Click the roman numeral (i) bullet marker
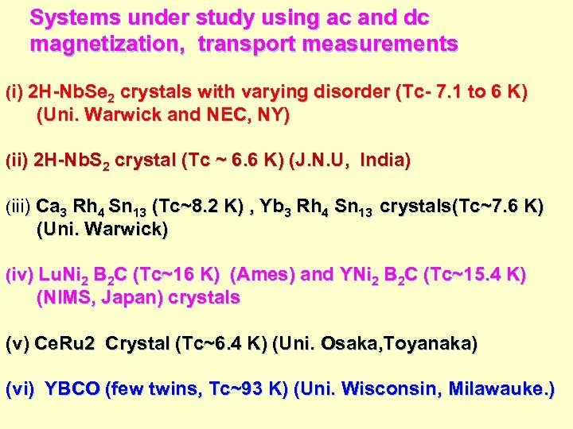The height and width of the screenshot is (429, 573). coord(14,92)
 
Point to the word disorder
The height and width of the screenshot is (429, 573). coord(349,92)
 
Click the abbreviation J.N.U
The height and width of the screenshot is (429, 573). coord(322,161)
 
